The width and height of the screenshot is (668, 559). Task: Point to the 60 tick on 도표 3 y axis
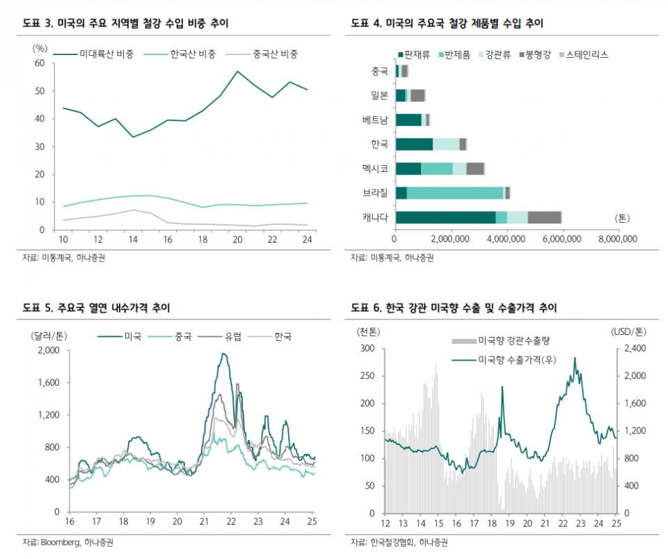pyautogui.click(x=40, y=63)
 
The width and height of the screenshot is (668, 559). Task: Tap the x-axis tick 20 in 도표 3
pyautogui.click(x=237, y=239)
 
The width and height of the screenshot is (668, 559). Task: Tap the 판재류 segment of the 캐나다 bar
pyautogui.click(x=445, y=217)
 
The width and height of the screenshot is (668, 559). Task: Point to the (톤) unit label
pyautogui.click(x=622, y=218)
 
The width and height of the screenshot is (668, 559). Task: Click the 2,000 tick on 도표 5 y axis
pyautogui.click(x=48, y=351)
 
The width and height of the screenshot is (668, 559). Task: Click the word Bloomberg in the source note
pyautogui.click(x=60, y=542)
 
